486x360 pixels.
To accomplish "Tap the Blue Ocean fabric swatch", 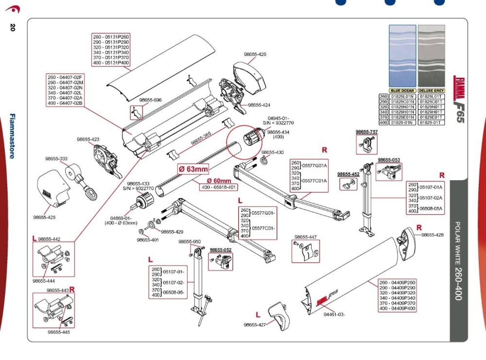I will pyautogui.click(x=402, y=56).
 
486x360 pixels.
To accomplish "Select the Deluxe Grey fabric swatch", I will pyautogui.click(x=432, y=56).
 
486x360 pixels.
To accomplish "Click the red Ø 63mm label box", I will pyautogui.click(x=193, y=169).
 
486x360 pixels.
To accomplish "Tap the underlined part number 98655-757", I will pyautogui.click(x=366, y=132).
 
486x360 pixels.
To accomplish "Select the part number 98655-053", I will pyautogui.click(x=389, y=160).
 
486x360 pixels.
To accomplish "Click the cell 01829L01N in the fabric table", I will pyautogui.click(x=402, y=97).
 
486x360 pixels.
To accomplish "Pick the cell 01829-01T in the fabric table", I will pyautogui.click(x=432, y=123).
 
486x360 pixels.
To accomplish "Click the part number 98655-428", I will pyautogui.click(x=432, y=235).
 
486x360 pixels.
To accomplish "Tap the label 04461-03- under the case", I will pyautogui.click(x=334, y=314).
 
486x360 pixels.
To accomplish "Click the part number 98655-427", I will pyautogui.click(x=255, y=325).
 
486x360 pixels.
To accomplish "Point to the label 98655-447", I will pyautogui.click(x=305, y=237).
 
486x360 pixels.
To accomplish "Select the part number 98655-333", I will pyautogui.click(x=57, y=158).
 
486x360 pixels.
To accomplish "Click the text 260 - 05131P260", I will pyautogui.click(x=112, y=37).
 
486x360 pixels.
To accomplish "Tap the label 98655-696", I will pyautogui.click(x=150, y=100).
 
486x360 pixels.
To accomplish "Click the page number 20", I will pyautogui.click(x=12, y=27).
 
